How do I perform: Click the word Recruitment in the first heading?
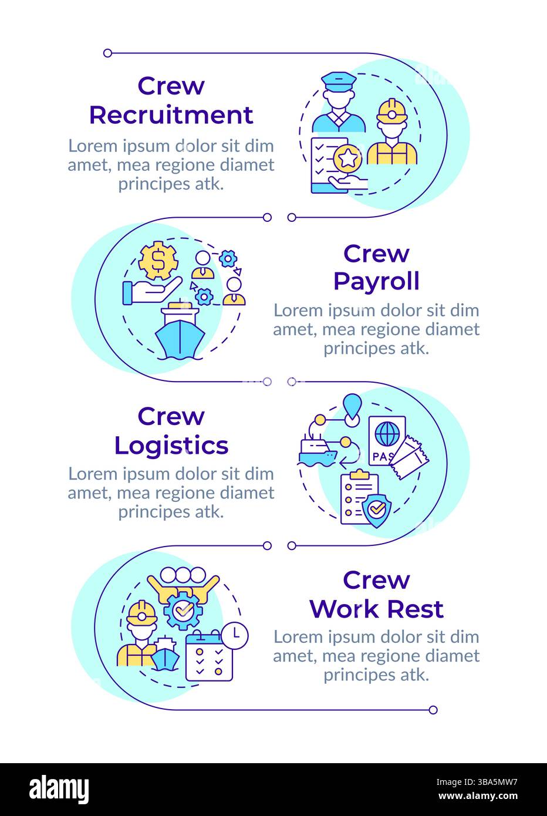pos(171,114)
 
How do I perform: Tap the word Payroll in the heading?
pos(376,281)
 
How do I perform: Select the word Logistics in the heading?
pos(171,445)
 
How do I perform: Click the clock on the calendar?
pos(235,635)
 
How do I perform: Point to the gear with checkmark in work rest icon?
pos(184,611)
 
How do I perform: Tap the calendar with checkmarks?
pos(205,657)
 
